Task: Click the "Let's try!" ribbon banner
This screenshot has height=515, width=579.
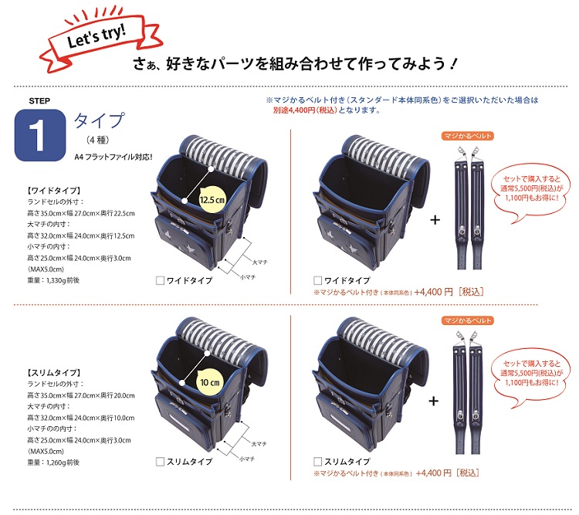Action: pyautogui.click(x=100, y=39)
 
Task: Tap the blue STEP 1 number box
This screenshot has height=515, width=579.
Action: pyautogui.click(x=40, y=135)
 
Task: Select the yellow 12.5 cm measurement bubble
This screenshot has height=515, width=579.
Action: pyautogui.click(x=212, y=200)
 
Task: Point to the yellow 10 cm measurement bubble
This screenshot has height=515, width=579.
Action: pyautogui.click(x=209, y=382)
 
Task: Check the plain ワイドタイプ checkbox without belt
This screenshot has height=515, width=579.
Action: pyautogui.click(x=160, y=281)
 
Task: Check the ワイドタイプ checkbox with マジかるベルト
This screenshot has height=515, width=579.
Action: pyautogui.click(x=317, y=281)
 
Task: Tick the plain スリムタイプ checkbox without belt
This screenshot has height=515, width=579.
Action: pyautogui.click(x=160, y=462)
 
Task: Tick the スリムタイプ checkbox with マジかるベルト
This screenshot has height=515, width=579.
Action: pyautogui.click(x=317, y=462)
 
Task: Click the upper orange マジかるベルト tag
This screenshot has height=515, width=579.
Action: pyautogui.click(x=468, y=136)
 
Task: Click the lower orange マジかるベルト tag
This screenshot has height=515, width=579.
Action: pyautogui.click(x=468, y=320)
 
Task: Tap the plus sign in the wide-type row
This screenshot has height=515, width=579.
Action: pyautogui.click(x=435, y=220)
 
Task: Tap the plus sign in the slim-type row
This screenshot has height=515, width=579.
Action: pyautogui.click(x=434, y=401)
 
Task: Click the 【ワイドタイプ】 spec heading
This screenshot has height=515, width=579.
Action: pyautogui.click(x=54, y=191)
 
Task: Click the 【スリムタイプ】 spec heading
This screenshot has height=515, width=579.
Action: pyautogui.click(x=54, y=373)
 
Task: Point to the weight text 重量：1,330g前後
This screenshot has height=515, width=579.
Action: pyautogui.click(x=53, y=280)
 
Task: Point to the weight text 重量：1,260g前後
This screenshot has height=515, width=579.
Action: pyautogui.click(x=53, y=462)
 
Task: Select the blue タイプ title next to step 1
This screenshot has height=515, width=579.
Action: pyautogui.click(x=100, y=120)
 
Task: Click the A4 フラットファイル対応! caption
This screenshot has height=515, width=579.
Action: pyautogui.click(x=113, y=157)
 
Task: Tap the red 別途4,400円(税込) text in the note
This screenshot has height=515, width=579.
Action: pyautogui.click(x=305, y=110)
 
